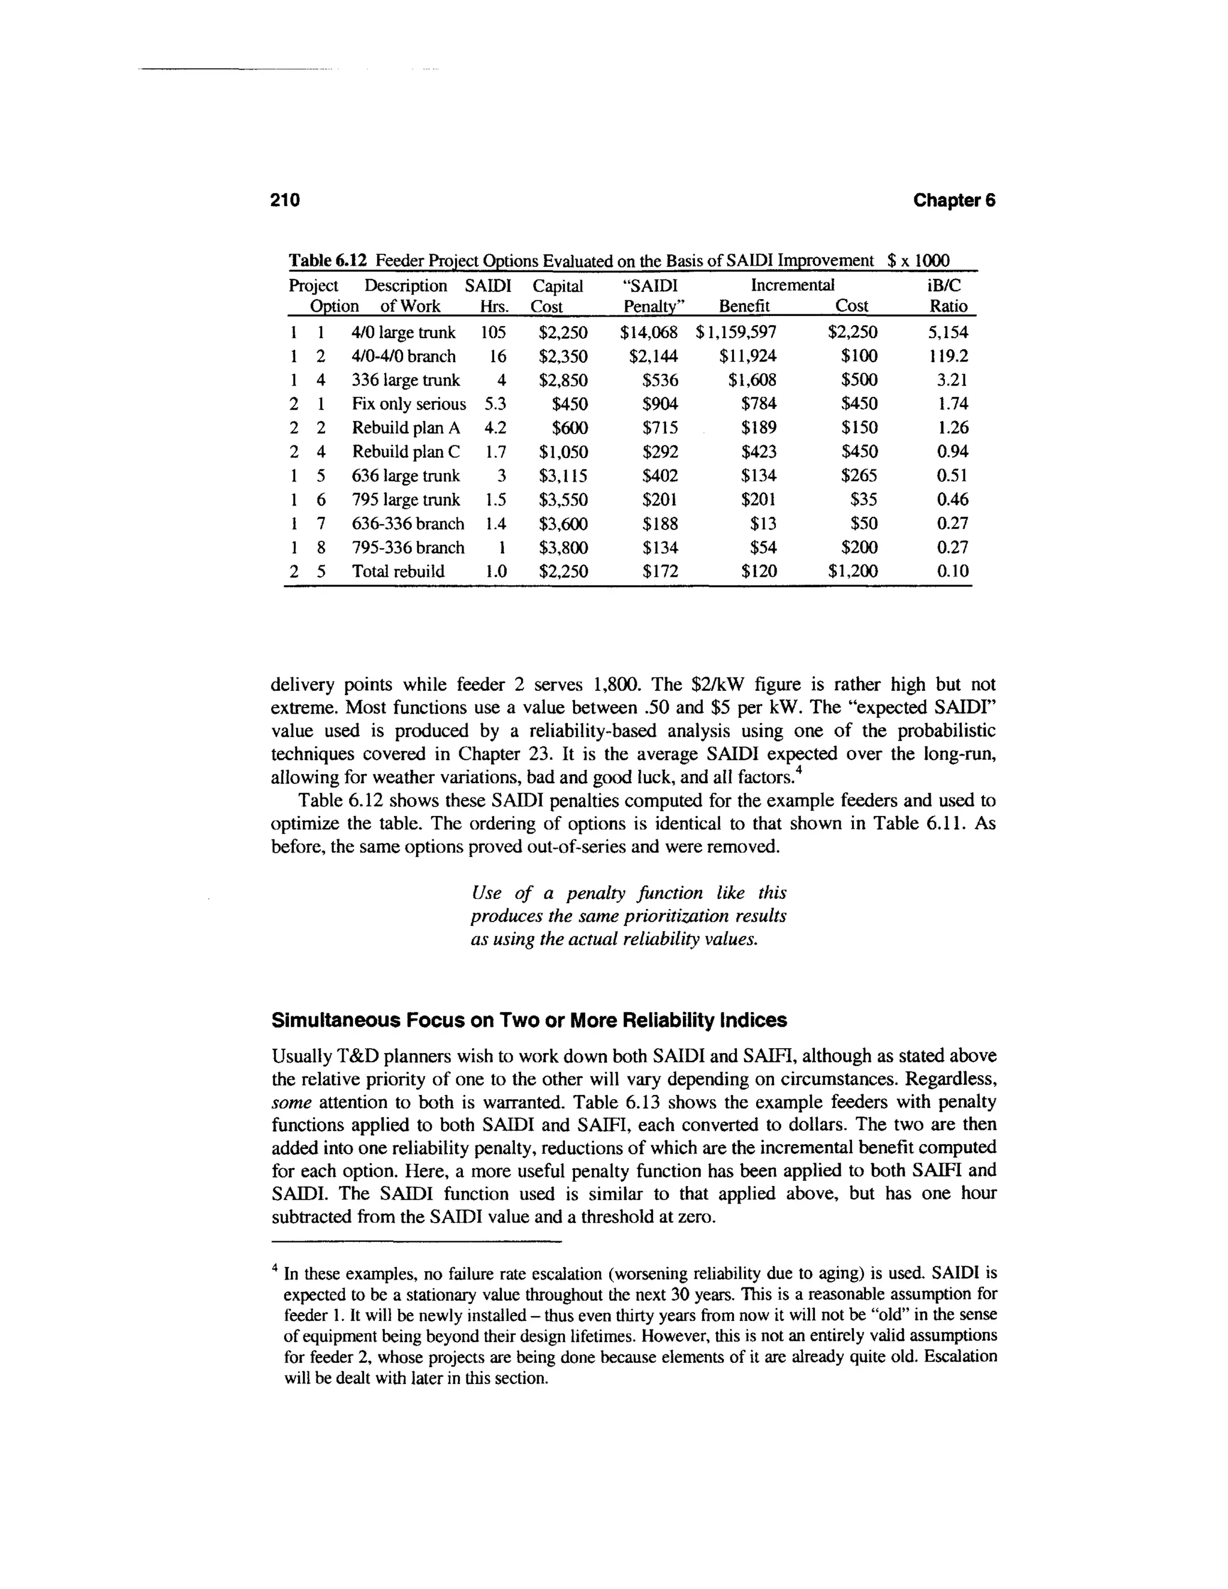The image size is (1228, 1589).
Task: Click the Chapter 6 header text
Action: tap(954, 200)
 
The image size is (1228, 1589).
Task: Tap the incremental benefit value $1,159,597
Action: tap(736, 333)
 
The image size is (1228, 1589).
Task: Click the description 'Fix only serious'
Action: tap(409, 404)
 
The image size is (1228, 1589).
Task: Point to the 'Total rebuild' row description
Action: tap(398, 571)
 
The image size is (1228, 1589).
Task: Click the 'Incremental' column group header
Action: tap(792, 285)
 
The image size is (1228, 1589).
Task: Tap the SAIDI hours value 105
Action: tap(493, 333)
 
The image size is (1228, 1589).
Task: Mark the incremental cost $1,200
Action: tap(853, 571)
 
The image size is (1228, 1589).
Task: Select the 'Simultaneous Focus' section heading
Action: tap(529, 1020)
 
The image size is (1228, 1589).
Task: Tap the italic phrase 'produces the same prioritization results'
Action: tap(628, 916)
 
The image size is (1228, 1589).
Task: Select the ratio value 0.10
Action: tap(952, 571)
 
